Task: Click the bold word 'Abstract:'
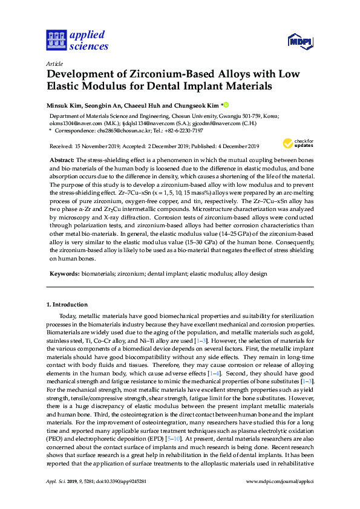pos(61,158)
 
